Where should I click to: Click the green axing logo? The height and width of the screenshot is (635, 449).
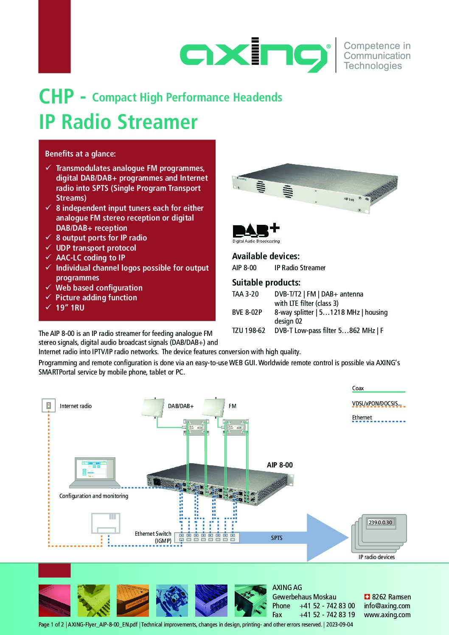click(x=255, y=55)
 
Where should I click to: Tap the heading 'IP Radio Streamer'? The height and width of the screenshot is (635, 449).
click(x=118, y=122)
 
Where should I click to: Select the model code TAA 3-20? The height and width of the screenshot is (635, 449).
click(x=245, y=294)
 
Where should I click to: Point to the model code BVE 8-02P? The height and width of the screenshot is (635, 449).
click(x=247, y=312)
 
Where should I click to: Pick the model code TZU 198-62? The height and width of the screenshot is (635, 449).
click(x=249, y=330)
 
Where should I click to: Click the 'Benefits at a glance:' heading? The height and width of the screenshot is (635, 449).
click(x=80, y=154)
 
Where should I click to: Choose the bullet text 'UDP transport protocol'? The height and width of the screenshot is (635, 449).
click(x=96, y=248)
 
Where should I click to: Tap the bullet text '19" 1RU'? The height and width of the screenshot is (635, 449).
click(x=70, y=308)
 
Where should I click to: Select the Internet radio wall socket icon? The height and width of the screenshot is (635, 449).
click(x=48, y=406)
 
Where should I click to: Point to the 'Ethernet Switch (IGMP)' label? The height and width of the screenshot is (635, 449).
click(x=153, y=537)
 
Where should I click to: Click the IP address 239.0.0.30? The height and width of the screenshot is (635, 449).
click(x=380, y=522)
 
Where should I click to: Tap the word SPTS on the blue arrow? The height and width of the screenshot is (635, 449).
click(x=277, y=538)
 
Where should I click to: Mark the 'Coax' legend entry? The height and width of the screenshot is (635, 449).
click(x=358, y=388)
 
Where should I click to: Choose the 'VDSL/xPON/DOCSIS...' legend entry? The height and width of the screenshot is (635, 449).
click(x=377, y=403)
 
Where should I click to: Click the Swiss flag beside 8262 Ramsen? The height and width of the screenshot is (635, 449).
click(x=367, y=597)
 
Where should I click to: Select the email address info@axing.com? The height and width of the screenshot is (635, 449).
click(x=387, y=606)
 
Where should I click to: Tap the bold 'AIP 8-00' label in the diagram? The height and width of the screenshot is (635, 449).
click(x=280, y=465)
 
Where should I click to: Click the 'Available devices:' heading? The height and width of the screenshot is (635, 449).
click(x=266, y=256)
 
